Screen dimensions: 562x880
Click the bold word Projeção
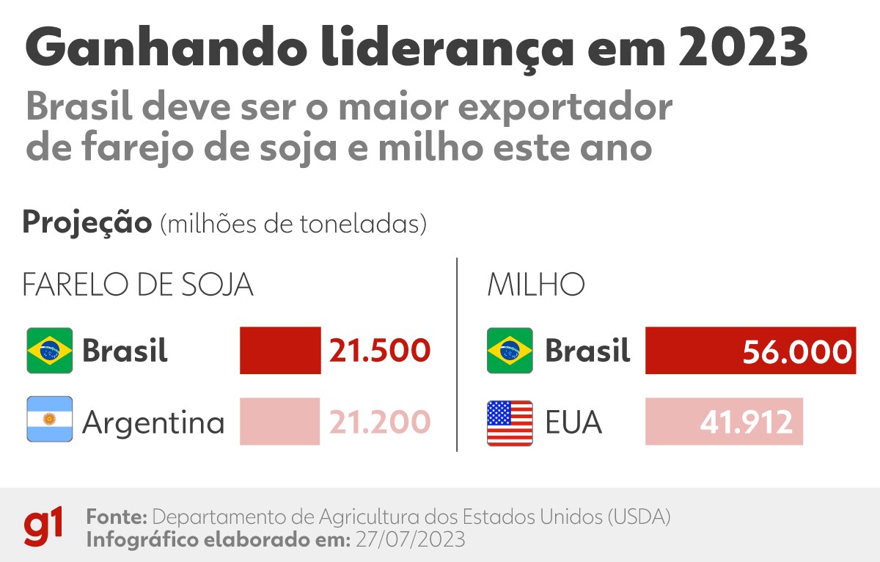(87, 223)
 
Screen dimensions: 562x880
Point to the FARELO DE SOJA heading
(138, 285)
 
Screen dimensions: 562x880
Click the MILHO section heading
(536, 285)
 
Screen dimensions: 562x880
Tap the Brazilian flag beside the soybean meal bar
(50, 351)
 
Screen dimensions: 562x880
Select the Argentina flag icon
(50, 420)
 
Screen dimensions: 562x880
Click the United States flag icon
(510, 423)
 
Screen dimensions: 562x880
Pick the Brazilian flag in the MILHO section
(510, 351)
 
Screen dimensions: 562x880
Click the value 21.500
(379, 351)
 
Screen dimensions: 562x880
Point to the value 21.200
(379, 422)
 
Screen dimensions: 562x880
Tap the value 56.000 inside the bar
(796, 353)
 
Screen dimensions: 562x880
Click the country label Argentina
(153, 423)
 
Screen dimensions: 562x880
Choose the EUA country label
(573, 423)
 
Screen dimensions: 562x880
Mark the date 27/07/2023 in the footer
(411, 540)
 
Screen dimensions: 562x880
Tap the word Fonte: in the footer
(115, 517)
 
